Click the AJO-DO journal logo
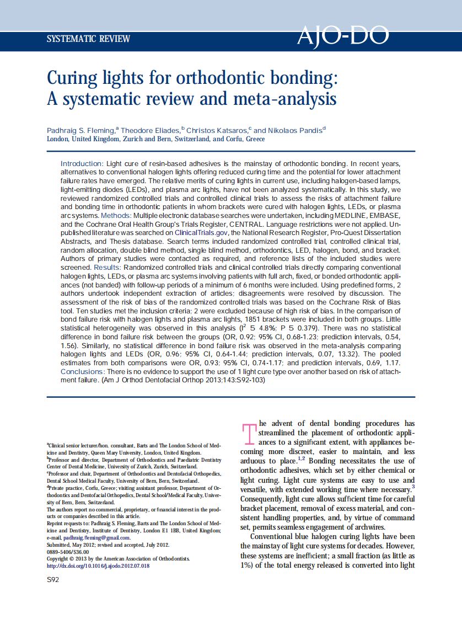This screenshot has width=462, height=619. coord(342,37)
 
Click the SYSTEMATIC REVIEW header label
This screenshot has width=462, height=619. coord(88,39)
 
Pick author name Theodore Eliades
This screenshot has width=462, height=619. coord(150,130)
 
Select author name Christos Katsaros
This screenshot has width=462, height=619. coord(217,130)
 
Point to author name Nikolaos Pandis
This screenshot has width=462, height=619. coord(295,130)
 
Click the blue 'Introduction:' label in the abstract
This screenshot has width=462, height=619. coord(82,164)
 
